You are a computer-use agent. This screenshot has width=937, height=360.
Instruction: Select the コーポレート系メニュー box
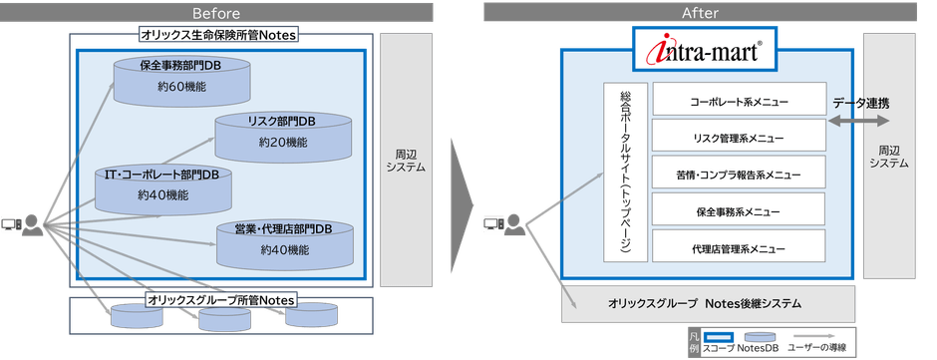739,102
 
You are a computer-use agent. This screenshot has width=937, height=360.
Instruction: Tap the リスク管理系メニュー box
739,137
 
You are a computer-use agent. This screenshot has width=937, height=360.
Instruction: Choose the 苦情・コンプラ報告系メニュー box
739,173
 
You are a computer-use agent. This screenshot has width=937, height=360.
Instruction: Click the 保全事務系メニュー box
739,209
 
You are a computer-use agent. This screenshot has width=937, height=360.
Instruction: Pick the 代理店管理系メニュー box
739,246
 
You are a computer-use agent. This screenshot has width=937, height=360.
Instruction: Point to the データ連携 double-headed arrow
858,120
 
